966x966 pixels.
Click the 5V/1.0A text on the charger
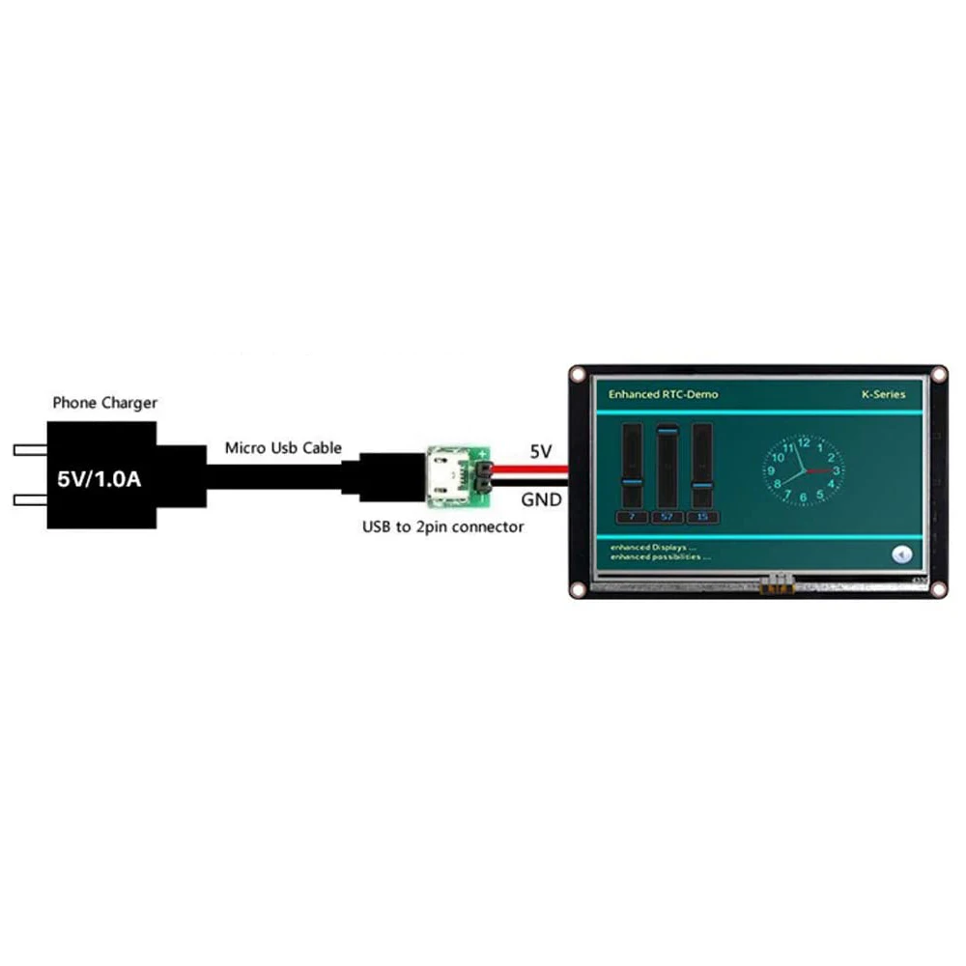pyautogui.click(x=99, y=477)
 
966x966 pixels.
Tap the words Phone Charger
pyautogui.click(x=104, y=402)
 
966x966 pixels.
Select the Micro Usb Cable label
pyautogui.click(x=283, y=447)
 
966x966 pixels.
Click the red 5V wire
pyautogui.click(x=531, y=469)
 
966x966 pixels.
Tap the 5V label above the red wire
pyautogui.click(x=541, y=450)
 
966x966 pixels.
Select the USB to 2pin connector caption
pyautogui.click(x=442, y=526)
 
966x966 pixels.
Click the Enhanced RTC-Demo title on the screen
pyautogui.click(x=663, y=394)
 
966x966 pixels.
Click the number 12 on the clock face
pyautogui.click(x=803, y=441)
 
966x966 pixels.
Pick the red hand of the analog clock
pyautogui.click(x=818, y=470)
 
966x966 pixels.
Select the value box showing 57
pyautogui.click(x=667, y=517)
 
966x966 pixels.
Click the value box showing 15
pyautogui.click(x=701, y=517)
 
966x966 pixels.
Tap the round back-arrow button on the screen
pyautogui.click(x=902, y=554)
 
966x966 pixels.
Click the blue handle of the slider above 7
pyautogui.click(x=632, y=480)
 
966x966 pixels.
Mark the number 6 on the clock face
pyautogui.click(x=803, y=498)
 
